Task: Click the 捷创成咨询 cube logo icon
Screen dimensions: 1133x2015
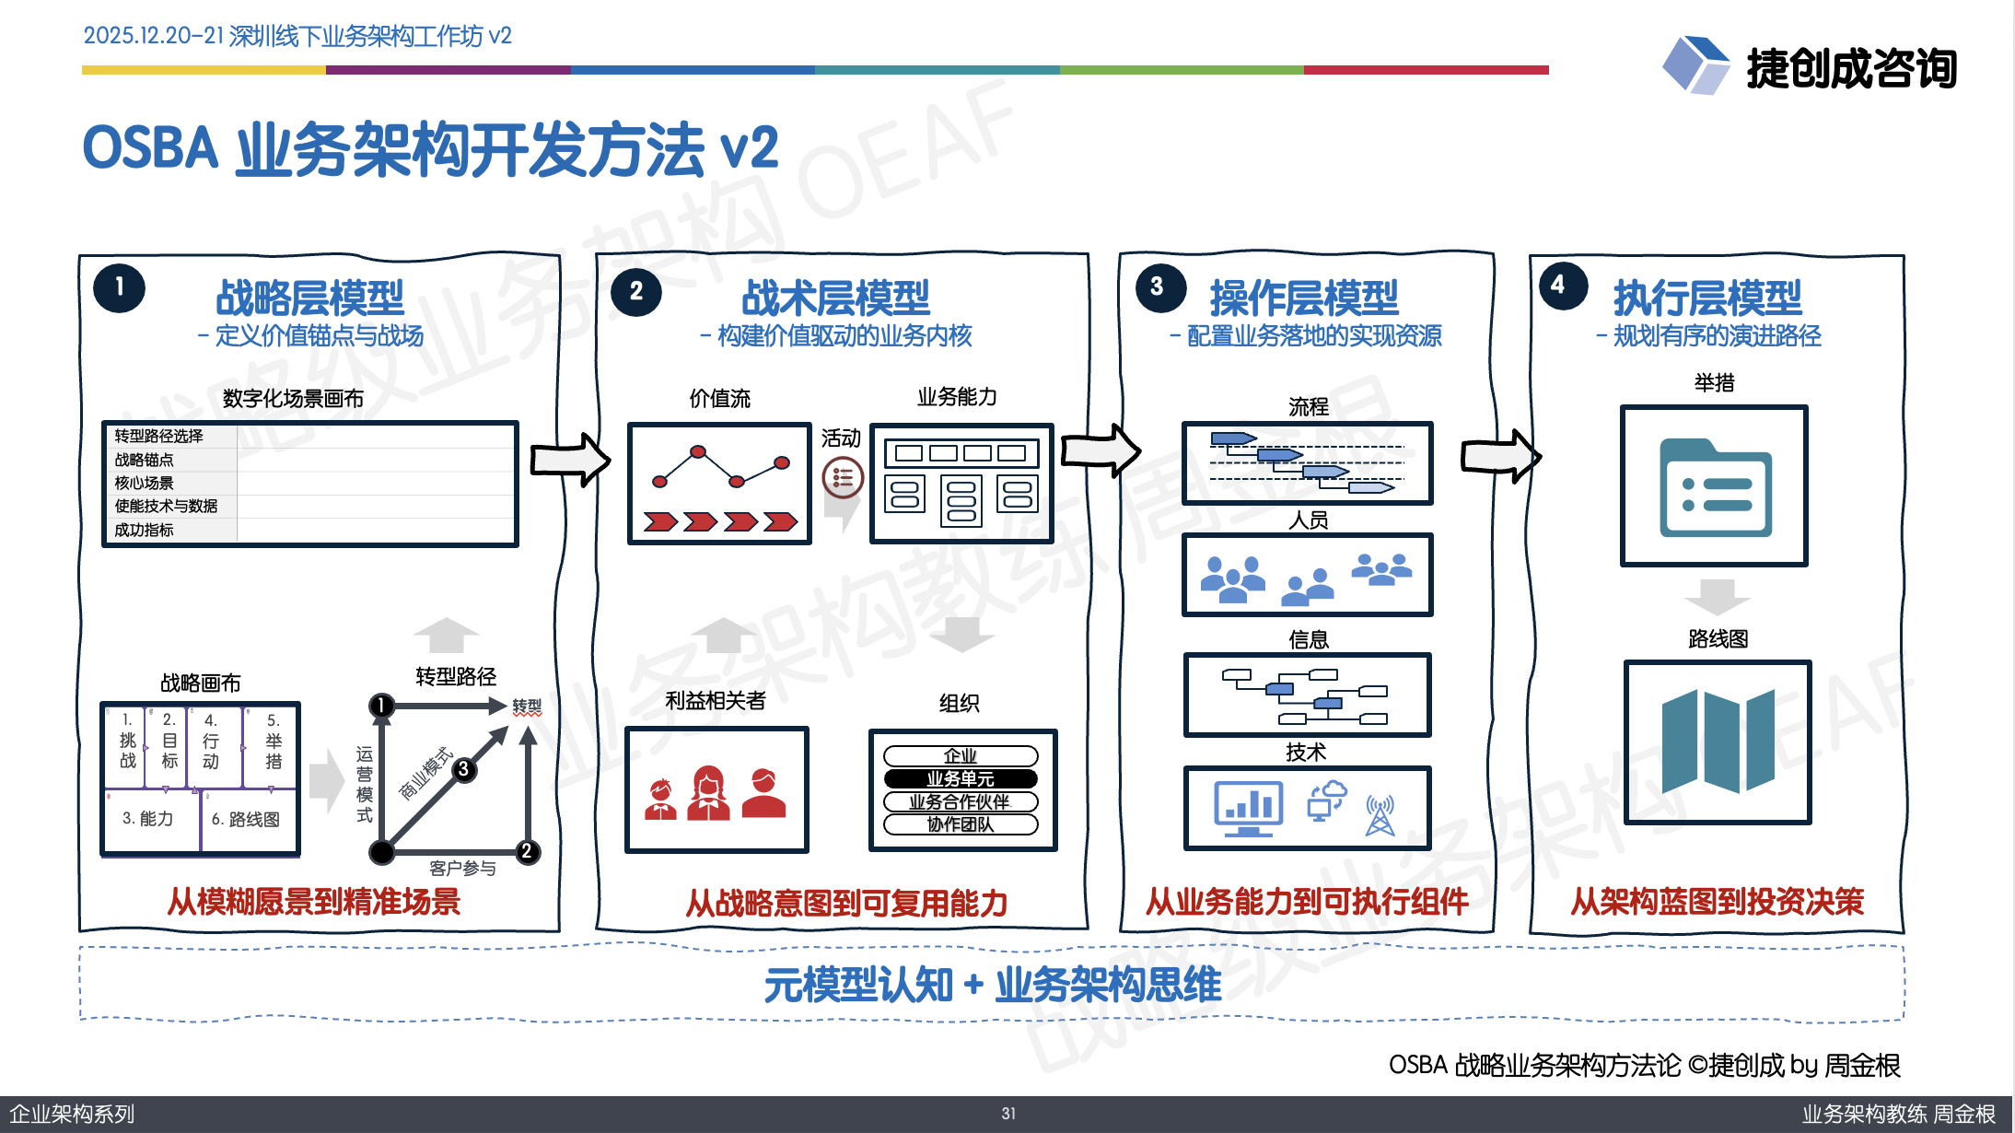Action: (1695, 64)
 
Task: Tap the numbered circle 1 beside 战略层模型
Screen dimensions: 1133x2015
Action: (120, 287)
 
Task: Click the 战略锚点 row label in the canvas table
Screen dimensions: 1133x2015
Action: (145, 460)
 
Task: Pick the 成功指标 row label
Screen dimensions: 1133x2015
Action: (145, 530)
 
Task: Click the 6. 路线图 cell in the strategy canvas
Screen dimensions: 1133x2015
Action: (245, 819)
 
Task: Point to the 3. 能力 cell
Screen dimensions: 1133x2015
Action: (147, 818)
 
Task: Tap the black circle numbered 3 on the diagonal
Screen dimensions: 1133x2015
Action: (464, 769)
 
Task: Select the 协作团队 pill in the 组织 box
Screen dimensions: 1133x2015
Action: (961, 824)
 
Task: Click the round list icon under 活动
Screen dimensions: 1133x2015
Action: (842, 477)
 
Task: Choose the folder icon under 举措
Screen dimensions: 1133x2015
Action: (1715, 488)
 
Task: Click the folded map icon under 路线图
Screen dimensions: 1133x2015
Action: (1718, 742)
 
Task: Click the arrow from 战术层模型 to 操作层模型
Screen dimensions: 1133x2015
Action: (1101, 450)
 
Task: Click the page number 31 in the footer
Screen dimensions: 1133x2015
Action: (1008, 1114)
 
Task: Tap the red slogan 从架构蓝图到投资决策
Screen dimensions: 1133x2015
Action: (1717, 901)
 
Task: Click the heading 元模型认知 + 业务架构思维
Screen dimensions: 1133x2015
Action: (992, 985)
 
